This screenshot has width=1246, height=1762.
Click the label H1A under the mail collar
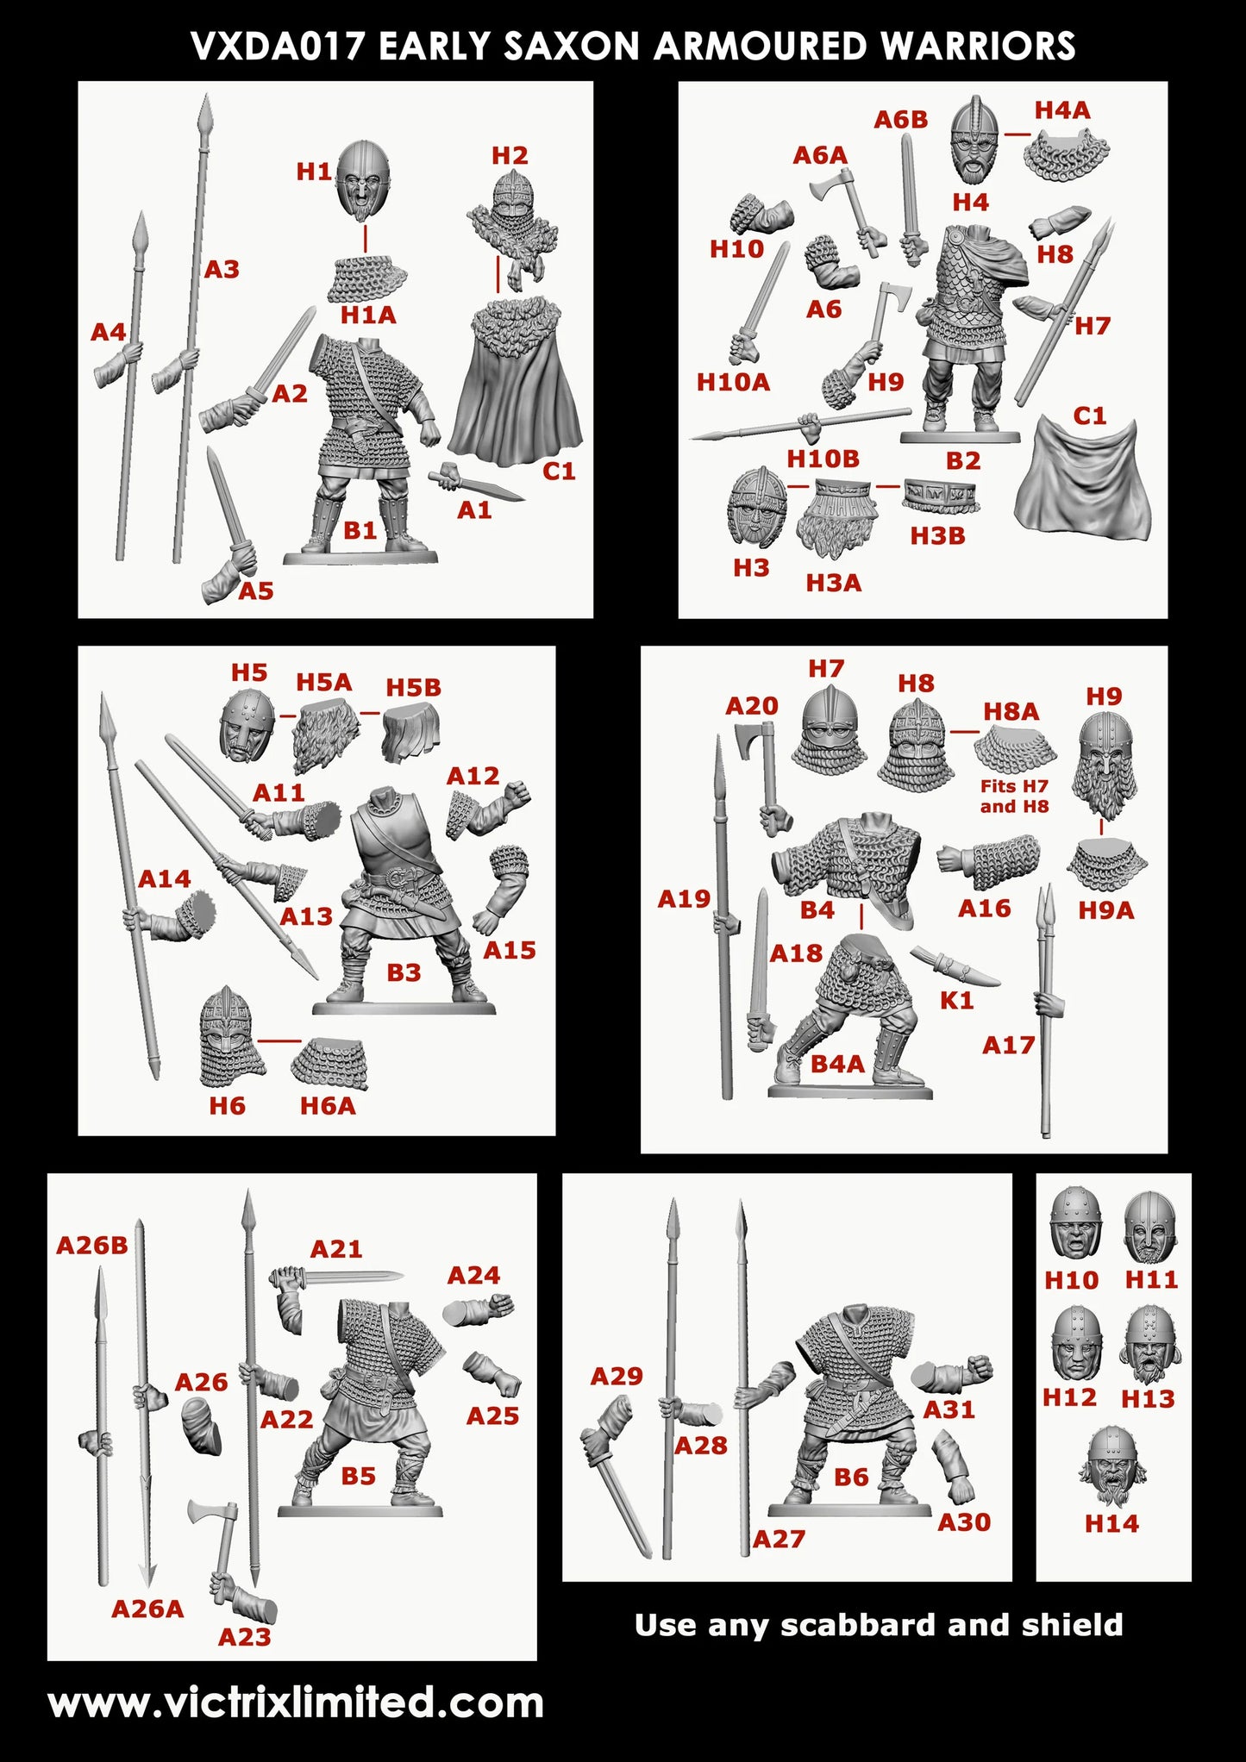coord(368,316)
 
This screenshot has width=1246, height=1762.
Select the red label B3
coord(404,972)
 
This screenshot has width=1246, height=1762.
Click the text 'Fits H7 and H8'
coord(1014,796)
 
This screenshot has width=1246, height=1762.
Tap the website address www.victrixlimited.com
coord(296,1703)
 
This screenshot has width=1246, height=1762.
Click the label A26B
coord(92,1245)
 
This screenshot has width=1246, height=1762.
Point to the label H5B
coord(413,687)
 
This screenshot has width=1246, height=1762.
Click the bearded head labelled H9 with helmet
coord(1103,765)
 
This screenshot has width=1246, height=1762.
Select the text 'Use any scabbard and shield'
coord(878,1624)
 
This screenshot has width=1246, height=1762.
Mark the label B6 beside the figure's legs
coord(850,1477)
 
